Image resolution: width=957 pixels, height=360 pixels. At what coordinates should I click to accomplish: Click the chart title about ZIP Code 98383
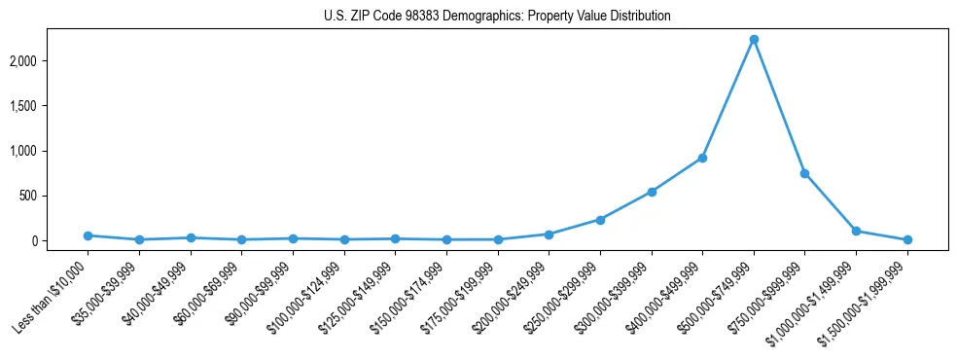pos(497,17)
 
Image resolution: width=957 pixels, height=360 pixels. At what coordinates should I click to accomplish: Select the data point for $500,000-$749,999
pos(754,40)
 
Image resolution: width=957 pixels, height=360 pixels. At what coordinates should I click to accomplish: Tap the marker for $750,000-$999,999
pos(804,173)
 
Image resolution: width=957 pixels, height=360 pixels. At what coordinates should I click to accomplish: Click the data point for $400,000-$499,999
pos(702,158)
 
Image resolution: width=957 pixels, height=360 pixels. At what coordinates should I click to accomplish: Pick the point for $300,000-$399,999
pos(652,192)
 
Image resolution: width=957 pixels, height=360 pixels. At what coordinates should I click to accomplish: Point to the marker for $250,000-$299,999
pos(600,220)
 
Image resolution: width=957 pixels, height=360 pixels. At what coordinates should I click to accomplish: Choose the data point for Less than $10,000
pos(88,235)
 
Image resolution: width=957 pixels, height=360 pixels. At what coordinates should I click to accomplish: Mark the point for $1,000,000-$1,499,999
pos(856,231)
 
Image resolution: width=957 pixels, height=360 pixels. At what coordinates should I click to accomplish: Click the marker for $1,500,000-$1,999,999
pos(907,239)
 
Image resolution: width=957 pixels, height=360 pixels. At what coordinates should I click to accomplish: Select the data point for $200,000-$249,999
pos(549,234)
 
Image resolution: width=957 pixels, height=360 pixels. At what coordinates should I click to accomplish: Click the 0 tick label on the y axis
pos(60,240)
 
